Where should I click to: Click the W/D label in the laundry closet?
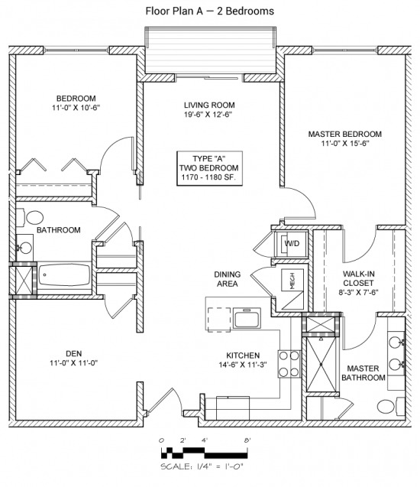[292, 243]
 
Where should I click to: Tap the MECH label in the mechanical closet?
[292, 281]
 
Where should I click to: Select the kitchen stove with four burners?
[289, 364]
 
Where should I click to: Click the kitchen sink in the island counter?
[247, 318]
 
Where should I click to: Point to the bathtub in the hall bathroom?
[64, 275]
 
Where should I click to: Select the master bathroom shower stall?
[321, 364]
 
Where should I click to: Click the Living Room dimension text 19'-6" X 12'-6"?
[208, 115]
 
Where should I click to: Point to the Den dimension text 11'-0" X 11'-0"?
[74, 362]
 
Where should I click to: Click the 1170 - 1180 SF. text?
[208, 177]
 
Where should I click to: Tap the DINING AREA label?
[228, 279]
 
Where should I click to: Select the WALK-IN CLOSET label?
[359, 278]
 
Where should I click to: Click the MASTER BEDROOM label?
[345, 135]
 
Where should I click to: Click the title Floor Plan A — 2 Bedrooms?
[210, 11]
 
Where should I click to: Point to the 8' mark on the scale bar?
[247, 440]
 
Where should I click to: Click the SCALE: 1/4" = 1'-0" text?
[202, 466]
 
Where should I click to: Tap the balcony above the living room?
[211, 50]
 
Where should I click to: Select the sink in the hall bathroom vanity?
[24, 248]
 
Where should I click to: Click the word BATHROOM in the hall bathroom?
[59, 230]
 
